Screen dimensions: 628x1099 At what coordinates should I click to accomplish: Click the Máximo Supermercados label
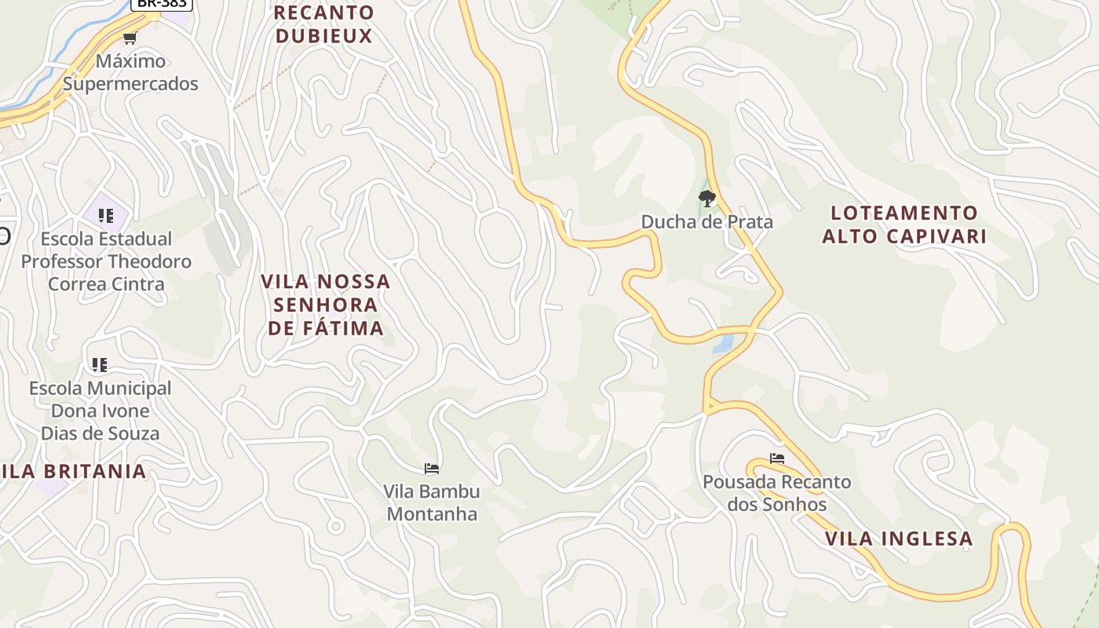[130, 72]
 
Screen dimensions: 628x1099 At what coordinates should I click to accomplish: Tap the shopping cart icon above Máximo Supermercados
[130, 38]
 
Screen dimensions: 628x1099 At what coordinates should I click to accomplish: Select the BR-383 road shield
[160, 4]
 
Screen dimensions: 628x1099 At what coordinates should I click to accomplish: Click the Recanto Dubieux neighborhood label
[323, 24]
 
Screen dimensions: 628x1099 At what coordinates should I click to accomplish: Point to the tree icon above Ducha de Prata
[707, 199]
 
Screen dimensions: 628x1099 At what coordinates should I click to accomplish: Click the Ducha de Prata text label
[706, 222]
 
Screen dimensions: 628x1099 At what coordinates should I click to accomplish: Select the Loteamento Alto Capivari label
[904, 225]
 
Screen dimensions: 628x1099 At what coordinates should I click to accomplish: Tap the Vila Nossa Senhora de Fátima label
[326, 305]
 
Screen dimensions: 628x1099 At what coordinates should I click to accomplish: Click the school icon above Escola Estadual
[106, 216]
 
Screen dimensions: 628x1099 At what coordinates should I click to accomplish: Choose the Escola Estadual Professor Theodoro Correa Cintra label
[106, 261]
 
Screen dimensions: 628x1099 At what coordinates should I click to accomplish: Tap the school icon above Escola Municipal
[99, 365]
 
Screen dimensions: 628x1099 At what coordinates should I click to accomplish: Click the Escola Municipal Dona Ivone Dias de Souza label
[100, 411]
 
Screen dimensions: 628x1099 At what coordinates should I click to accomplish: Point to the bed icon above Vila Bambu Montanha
[431, 469]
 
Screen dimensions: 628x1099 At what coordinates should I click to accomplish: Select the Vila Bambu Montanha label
[431, 502]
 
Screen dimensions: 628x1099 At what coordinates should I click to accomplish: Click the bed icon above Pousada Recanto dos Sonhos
[777, 458]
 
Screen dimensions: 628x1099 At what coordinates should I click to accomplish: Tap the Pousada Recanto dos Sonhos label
[776, 493]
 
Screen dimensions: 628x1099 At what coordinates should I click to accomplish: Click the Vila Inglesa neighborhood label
[899, 539]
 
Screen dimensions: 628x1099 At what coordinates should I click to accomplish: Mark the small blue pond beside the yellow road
[723, 343]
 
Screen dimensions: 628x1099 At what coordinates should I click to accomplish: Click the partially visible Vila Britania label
[74, 472]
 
